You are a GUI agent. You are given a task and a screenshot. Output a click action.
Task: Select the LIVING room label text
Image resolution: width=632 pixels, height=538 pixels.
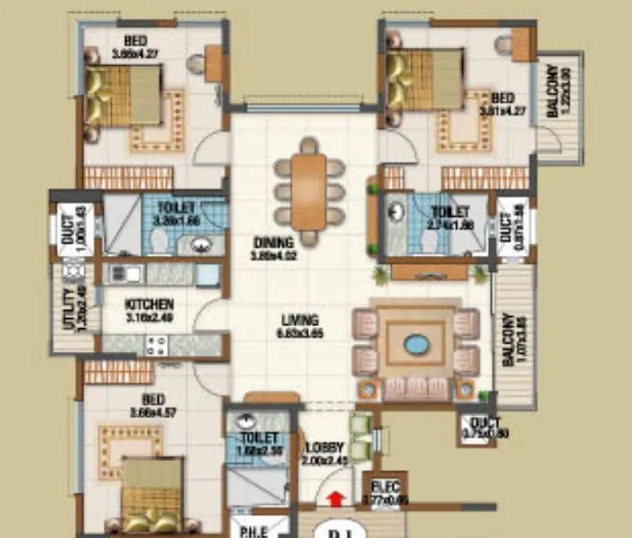pyautogui.click(x=300, y=320)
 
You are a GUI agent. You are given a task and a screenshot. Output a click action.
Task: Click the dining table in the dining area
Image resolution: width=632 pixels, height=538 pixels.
pyautogui.click(x=308, y=192)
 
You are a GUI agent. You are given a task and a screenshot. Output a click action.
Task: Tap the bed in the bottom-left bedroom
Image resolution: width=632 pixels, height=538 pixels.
pyautogui.click(x=152, y=490)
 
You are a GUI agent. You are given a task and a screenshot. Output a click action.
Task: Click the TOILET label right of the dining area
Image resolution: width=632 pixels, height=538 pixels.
pyautogui.click(x=450, y=213)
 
